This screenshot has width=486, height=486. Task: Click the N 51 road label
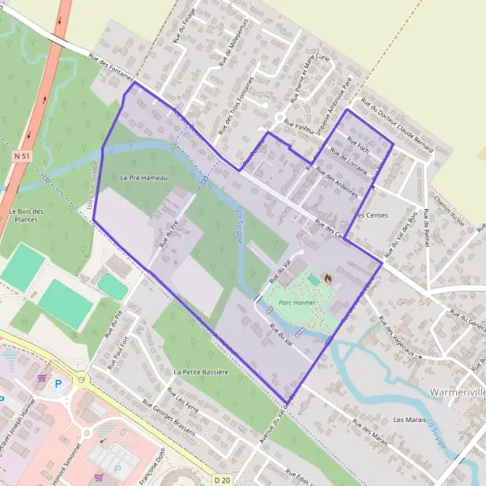(21, 154)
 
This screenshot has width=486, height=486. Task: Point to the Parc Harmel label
(296, 302)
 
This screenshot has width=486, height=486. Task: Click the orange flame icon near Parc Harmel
(327, 278)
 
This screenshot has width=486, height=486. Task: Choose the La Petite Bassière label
(202, 372)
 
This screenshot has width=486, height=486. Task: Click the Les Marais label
(409, 420)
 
